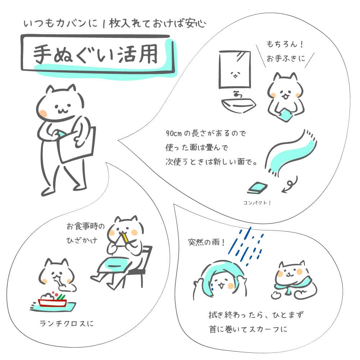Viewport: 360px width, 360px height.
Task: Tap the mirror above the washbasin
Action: point(235,69)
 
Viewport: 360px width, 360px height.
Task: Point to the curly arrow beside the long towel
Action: point(291,184)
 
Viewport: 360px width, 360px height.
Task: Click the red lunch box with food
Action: point(53,301)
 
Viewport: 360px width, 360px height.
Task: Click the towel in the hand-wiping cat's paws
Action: point(286,115)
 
